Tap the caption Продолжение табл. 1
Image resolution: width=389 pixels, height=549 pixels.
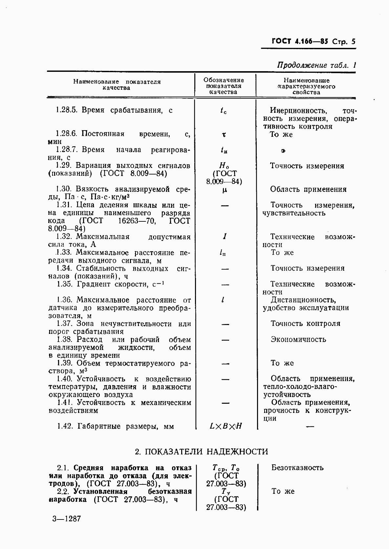316,65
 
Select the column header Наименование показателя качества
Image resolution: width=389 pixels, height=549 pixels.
117,85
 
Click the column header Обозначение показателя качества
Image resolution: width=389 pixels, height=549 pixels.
224,86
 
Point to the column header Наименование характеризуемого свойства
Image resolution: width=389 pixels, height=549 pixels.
307,86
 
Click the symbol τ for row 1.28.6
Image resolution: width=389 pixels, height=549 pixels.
224,134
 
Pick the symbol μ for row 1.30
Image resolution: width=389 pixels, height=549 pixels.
225,190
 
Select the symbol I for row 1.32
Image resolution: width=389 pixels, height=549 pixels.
225,236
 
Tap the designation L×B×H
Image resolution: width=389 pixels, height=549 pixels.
226,426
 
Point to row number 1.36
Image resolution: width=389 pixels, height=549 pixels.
64,300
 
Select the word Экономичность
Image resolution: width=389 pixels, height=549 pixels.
298,339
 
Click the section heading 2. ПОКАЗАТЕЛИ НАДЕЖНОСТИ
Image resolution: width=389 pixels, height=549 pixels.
202,452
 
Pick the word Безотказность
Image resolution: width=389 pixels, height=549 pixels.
297,468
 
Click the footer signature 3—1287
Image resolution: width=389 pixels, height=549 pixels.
66,519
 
